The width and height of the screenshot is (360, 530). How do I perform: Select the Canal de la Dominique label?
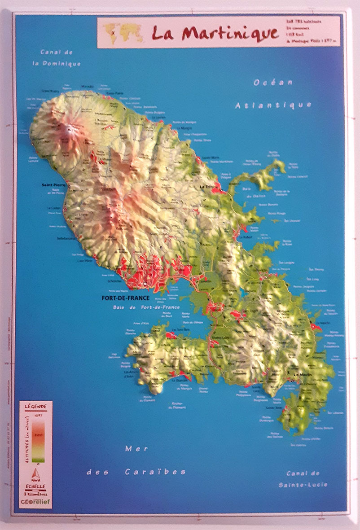point(60,58)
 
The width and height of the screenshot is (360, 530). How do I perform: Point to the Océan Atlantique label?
point(273,94)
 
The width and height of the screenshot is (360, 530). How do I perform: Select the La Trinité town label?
point(209,186)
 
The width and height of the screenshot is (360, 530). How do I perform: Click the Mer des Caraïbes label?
point(136,460)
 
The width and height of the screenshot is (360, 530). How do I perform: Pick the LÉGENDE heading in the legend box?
point(35,406)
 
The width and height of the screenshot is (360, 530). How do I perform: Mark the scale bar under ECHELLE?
point(35,491)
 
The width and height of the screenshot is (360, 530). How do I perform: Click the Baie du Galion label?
point(254,193)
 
